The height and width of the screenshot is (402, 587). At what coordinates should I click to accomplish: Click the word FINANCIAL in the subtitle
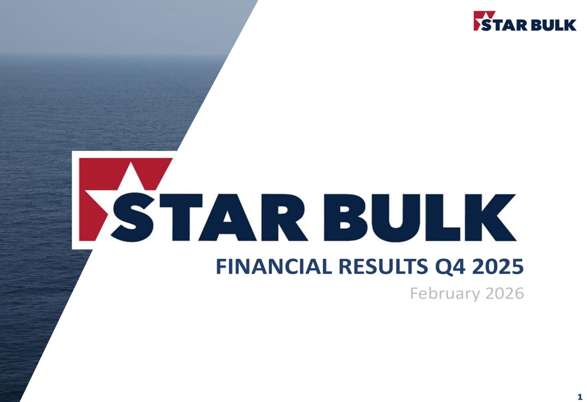coord(274,266)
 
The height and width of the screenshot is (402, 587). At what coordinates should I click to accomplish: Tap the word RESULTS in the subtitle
coord(383,266)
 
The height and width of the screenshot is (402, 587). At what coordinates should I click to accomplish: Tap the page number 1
coord(580,397)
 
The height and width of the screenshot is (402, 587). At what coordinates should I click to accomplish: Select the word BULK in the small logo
coord(554,25)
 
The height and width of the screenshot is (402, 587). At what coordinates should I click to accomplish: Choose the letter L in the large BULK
coord(444,217)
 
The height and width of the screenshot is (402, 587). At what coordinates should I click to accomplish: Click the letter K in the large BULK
coord(490,217)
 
